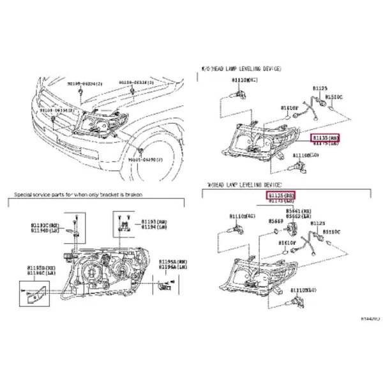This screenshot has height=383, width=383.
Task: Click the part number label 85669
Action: point(275,221)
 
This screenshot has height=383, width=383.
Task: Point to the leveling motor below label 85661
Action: point(296,229)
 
